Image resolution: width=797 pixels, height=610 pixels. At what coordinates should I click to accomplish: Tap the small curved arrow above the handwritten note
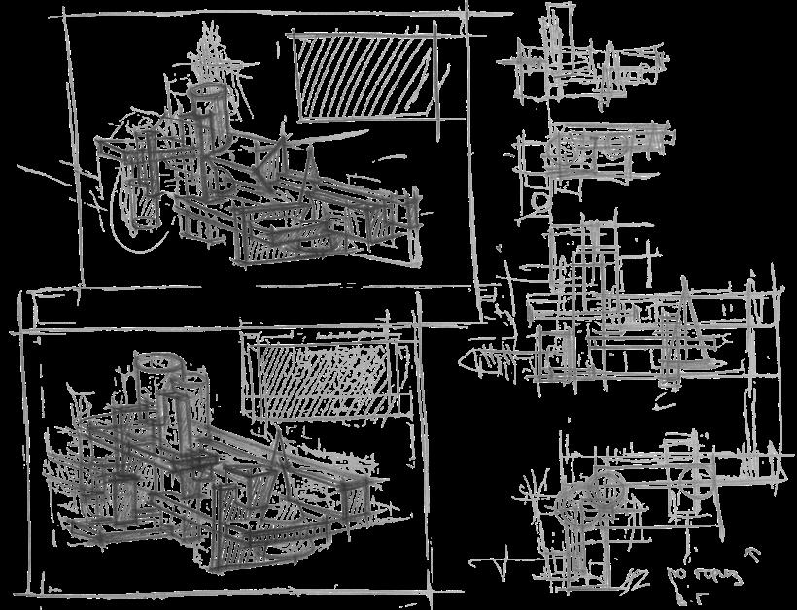(x=749, y=554)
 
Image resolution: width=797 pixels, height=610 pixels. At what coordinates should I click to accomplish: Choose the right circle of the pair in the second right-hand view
(x=614, y=147)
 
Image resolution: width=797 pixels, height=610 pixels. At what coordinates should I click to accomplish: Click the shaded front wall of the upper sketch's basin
(x=288, y=244)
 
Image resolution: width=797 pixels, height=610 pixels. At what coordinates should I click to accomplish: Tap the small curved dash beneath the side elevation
(x=664, y=399)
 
